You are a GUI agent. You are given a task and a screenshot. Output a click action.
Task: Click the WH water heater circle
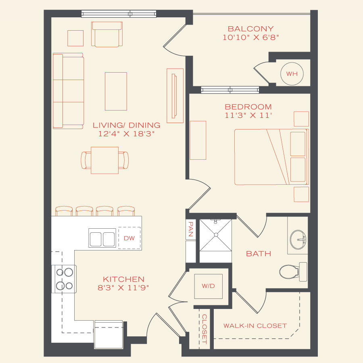pyautogui.click(x=292, y=73)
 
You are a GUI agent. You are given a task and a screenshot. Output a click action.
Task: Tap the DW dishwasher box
pyautogui.click(x=129, y=238)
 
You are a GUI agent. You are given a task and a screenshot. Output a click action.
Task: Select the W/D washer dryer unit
pyautogui.click(x=208, y=286)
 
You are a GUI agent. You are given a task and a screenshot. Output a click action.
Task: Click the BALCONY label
pyautogui.click(x=250, y=29)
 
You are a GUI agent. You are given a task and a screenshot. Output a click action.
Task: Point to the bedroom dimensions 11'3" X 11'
pyautogui.click(x=248, y=115)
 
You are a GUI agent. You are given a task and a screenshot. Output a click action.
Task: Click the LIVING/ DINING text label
pyautogui.click(x=126, y=125)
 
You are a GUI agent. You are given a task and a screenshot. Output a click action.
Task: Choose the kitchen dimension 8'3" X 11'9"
pyautogui.click(x=123, y=288)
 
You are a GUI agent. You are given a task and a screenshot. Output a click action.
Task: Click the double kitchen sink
pyautogui.click(x=102, y=238)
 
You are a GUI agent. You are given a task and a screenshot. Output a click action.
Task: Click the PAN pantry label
pyautogui.click(x=191, y=229)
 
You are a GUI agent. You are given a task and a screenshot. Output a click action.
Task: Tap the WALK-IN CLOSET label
pyautogui.click(x=255, y=326)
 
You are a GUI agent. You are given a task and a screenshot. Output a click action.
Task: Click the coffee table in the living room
pyautogui.click(x=116, y=91)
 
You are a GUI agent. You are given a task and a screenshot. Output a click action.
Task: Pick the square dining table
pyautogui.click(x=104, y=160)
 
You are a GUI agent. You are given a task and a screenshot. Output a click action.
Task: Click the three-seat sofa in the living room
pyautogui.click(x=68, y=91)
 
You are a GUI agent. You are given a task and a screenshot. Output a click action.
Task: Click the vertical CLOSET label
pyautogui.click(x=204, y=329)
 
